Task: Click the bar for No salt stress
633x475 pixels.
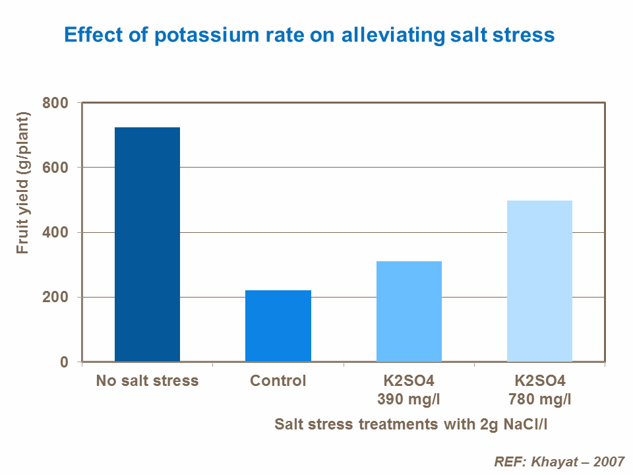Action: [147, 244]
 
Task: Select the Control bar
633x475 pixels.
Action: [278, 326]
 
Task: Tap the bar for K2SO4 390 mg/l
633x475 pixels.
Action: [409, 311]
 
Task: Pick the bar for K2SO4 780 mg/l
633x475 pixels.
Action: [539, 281]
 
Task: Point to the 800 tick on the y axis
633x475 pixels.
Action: [55, 103]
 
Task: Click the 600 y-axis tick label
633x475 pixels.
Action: [55, 168]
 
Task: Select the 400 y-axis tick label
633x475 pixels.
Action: [55, 232]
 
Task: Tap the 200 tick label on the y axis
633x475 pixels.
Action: [55, 297]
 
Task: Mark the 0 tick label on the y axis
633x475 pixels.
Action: [65, 362]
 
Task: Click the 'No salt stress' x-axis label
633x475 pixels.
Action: [147, 381]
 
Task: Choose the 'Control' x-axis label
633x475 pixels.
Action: [278, 381]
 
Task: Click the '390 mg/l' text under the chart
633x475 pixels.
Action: [409, 399]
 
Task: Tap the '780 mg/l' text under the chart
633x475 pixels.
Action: [539, 399]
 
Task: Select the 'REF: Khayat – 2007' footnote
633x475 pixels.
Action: [558, 460]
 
